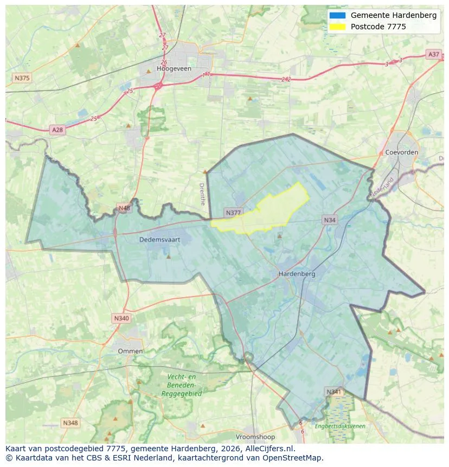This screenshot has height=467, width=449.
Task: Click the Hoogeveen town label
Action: click(171, 69)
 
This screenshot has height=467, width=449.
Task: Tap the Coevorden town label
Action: click(401, 152)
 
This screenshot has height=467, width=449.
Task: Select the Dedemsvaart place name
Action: click(159, 239)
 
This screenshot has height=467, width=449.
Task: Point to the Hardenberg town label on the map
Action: click(297, 274)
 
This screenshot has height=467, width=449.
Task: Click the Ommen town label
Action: click(130, 351)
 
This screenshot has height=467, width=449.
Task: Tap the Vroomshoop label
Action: click(255, 437)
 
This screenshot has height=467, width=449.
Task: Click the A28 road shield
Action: click(57, 130)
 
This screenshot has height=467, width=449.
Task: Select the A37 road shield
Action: click(433, 54)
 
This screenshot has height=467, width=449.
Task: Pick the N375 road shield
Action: click(21, 78)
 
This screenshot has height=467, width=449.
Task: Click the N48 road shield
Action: click(124, 208)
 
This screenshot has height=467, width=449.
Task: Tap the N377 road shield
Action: click(233, 213)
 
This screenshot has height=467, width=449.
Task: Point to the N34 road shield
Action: click(329, 220)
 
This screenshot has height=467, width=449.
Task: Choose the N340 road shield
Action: click(121, 318)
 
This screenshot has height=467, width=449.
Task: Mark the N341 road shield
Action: click(333, 392)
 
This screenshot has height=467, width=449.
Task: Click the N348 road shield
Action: click(70, 423)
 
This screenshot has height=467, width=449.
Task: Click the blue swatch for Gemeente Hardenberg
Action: click(337, 16)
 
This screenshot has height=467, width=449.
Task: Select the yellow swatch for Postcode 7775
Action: click(337, 27)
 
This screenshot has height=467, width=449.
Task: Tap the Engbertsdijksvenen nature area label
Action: click(340, 426)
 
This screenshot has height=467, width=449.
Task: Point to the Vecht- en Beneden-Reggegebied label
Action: click(181, 385)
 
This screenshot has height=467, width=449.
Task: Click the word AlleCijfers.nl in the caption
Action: click(268, 449)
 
